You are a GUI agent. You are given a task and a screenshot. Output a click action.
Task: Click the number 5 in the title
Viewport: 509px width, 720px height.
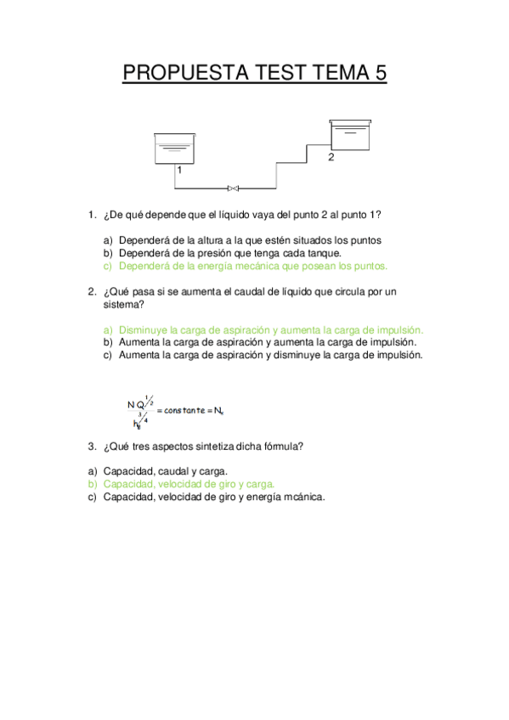[379, 74]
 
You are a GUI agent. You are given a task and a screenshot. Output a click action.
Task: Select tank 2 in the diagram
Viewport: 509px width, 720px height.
[349, 134]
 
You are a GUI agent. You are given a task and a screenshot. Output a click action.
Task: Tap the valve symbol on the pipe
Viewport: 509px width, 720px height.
[233, 188]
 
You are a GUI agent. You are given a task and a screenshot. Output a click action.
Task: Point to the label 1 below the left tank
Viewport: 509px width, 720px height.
[179, 170]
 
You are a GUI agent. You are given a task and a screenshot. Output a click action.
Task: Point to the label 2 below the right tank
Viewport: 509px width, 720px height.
[331, 158]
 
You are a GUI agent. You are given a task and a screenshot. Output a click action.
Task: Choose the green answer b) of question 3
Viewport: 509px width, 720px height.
[189, 484]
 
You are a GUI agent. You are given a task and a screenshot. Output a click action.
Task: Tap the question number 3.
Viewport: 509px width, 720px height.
[91, 446]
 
